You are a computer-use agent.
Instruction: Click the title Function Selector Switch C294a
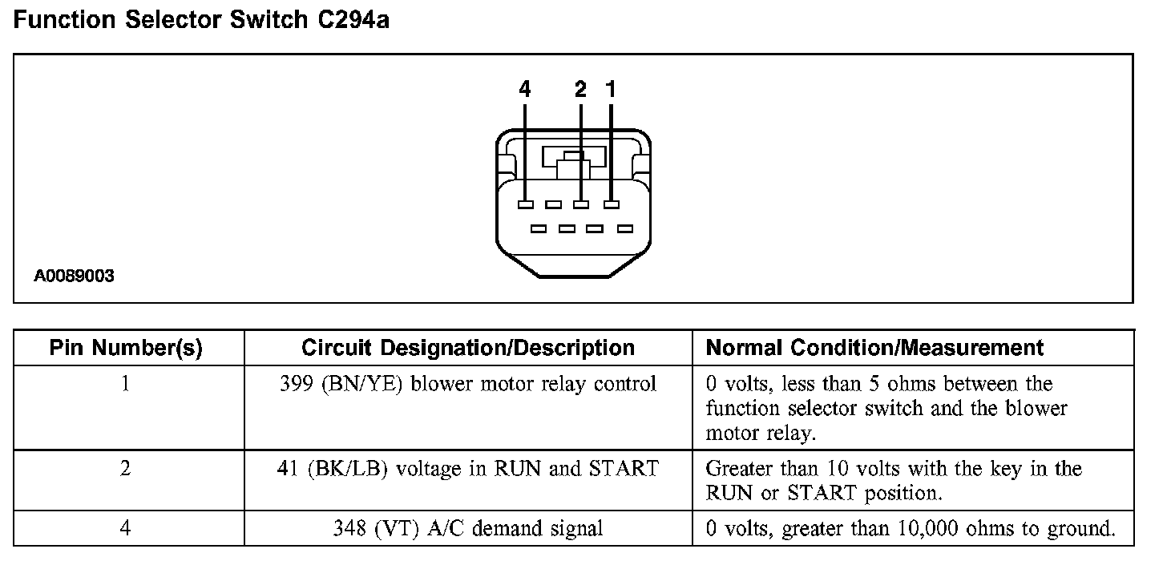(x=201, y=20)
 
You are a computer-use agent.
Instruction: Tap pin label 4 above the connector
(x=525, y=90)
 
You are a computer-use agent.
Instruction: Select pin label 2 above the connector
(x=581, y=90)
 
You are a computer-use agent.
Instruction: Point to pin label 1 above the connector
(x=612, y=90)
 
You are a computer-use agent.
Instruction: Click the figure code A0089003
(x=74, y=277)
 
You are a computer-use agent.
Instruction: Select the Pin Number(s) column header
(x=126, y=348)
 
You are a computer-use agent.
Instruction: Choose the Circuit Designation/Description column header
(x=468, y=348)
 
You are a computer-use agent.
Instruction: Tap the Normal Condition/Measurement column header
(x=874, y=348)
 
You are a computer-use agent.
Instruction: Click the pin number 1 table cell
(x=126, y=384)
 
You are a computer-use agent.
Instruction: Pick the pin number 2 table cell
(x=126, y=468)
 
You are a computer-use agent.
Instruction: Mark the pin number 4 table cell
(x=126, y=529)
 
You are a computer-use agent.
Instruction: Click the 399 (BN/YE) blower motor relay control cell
(x=468, y=384)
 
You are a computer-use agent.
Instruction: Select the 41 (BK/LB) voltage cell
(x=468, y=468)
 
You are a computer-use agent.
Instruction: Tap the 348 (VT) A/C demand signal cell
(x=468, y=529)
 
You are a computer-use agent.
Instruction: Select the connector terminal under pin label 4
(x=525, y=205)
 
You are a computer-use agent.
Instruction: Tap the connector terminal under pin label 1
(x=612, y=205)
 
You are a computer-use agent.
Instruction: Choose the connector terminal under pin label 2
(x=581, y=205)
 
